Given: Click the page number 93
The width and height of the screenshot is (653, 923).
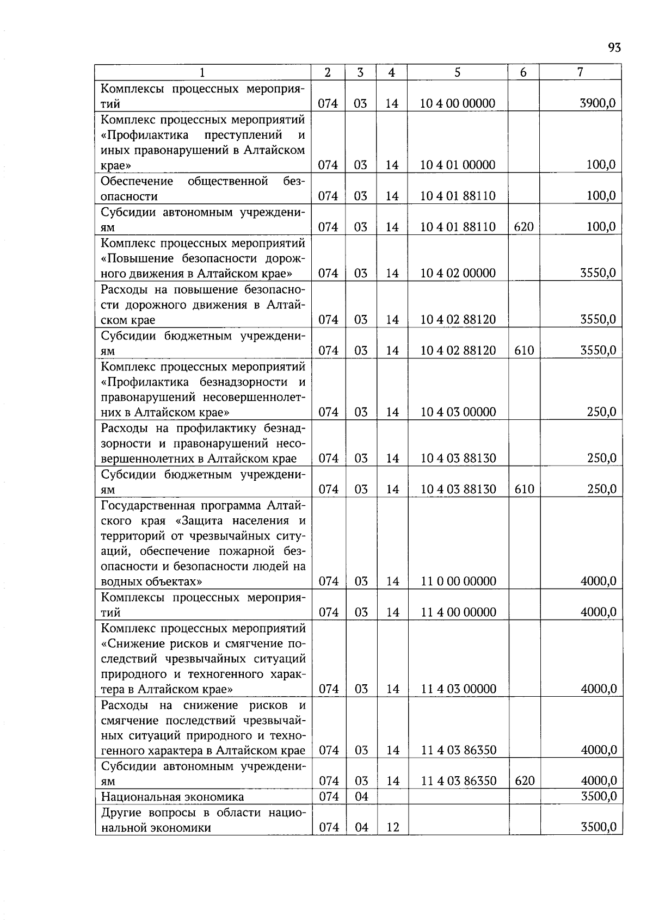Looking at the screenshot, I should pyautogui.click(x=614, y=48).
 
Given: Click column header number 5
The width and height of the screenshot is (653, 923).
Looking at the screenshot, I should pyautogui.click(x=457, y=72).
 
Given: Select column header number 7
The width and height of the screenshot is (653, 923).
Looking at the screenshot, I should pyautogui.click(x=581, y=72).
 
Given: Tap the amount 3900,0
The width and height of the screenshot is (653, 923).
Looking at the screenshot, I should pyautogui.click(x=598, y=103).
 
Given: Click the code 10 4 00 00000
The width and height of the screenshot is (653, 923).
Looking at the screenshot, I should pyautogui.click(x=458, y=103).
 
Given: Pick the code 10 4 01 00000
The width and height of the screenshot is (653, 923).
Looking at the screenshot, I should pyautogui.click(x=458, y=165).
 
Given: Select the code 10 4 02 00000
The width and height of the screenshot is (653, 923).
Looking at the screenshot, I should pyautogui.click(x=458, y=273).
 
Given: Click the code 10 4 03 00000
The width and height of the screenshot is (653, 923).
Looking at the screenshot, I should pyautogui.click(x=458, y=412).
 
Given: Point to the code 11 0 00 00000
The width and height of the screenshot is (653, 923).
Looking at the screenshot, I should pyautogui.click(x=458, y=581).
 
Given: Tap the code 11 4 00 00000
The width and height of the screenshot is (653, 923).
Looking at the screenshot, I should pyautogui.click(x=458, y=612).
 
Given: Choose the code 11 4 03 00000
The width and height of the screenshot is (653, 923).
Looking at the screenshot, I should pyautogui.click(x=458, y=689).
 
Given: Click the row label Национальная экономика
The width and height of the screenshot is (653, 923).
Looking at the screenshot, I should pyautogui.click(x=173, y=797).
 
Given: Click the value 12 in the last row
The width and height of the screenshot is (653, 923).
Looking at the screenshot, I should pyautogui.click(x=393, y=827).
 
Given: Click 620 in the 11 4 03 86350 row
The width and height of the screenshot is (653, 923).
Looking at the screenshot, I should pyautogui.click(x=524, y=781).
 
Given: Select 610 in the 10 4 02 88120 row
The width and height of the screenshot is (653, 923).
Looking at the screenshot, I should pyautogui.click(x=524, y=350).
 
